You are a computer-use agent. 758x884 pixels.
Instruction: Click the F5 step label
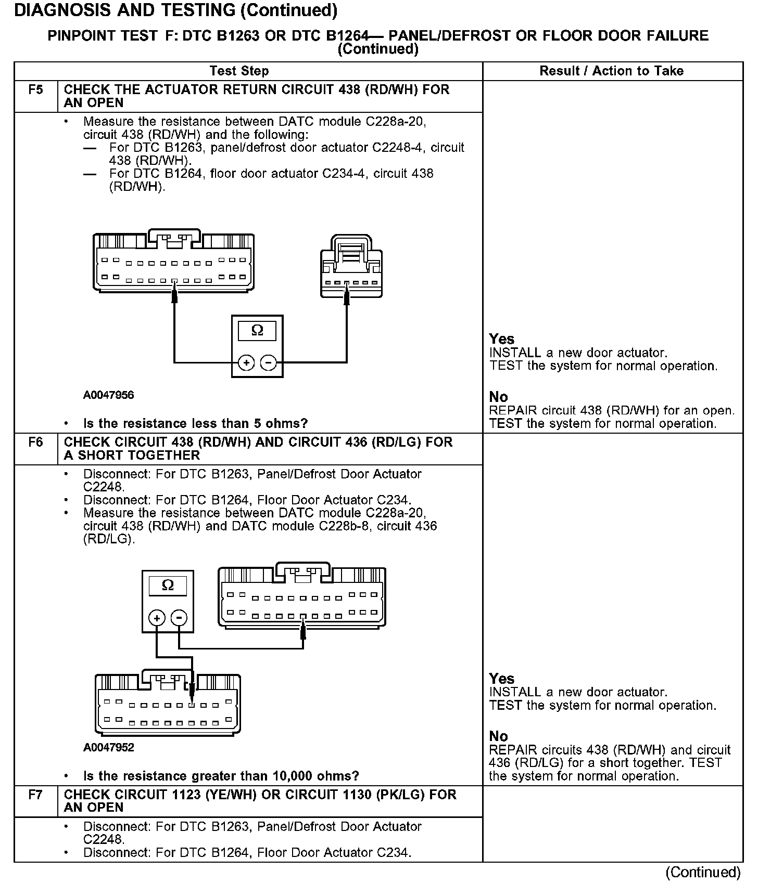35,89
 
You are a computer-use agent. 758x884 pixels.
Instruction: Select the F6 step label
35,442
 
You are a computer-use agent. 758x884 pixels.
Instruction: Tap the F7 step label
35,795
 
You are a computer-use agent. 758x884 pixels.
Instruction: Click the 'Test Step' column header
239,71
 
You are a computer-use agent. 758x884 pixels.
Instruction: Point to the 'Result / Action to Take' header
611,71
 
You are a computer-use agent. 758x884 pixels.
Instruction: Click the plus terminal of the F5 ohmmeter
246,362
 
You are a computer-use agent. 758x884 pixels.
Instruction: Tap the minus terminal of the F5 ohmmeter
269,362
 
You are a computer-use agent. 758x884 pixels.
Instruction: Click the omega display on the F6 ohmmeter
168,586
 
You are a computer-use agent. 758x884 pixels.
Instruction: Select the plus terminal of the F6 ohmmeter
157,618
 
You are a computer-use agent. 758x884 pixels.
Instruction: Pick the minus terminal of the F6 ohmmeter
179,618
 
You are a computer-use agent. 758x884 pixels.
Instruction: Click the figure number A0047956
108,395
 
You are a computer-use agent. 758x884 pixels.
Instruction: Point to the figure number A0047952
108,748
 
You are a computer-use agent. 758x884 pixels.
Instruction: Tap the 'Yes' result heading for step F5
501,339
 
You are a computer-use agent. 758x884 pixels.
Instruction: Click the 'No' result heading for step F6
498,736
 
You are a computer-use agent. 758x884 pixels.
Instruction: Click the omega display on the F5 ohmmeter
257,330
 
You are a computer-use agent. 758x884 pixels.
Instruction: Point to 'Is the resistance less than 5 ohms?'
195,423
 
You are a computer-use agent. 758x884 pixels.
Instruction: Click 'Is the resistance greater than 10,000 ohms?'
221,776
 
